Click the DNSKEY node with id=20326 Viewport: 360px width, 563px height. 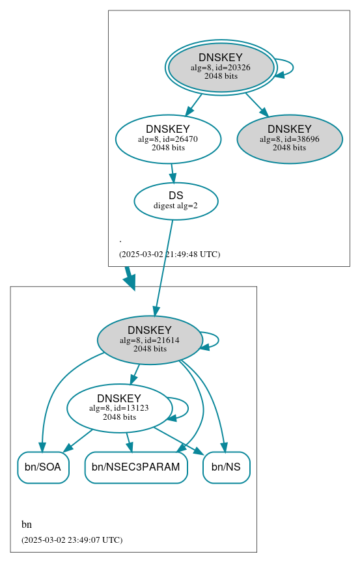click(x=221, y=67)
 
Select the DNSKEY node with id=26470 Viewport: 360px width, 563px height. click(x=168, y=138)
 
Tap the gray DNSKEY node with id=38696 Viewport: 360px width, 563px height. click(x=290, y=138)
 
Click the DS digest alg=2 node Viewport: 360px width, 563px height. click(x=176, y=200)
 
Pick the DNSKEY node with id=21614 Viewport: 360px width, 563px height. click(x=150, y=339)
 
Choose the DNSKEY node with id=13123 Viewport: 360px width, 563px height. click(x=119, y=407)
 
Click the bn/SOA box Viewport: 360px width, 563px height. click(x=43, y=467)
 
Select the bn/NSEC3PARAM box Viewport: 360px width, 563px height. click(x=136, y=467)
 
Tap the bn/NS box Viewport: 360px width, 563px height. click(x=227, y=467)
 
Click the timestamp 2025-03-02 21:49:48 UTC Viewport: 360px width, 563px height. click(x=169, y=254)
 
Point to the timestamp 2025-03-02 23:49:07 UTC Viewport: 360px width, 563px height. click(x=72, y=540)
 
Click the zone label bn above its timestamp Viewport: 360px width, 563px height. click(x=27, y=524)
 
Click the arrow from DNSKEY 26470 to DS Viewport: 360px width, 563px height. click(x=173, y=172)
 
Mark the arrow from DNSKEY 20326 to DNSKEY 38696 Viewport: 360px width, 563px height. click(x=256, y=104)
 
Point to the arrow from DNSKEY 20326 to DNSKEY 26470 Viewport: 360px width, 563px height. click(x=193, y=105)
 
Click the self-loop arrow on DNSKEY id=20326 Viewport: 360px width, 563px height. click(x=292, y=67)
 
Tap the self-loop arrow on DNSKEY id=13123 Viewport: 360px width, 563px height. click(x=187, y=408)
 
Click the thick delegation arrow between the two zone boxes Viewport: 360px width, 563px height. click(x=129, y=278)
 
